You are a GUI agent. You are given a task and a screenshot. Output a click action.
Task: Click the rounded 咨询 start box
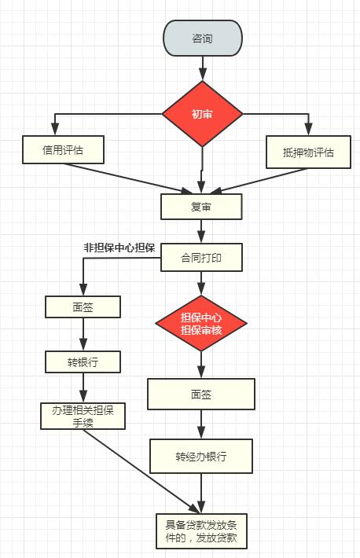tap(203, 38)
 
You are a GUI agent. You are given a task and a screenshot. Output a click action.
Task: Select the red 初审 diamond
tap(202, 114)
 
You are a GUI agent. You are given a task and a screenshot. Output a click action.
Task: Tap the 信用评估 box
tap(63, 150)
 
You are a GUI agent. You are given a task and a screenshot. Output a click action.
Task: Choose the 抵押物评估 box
tap(308, 152)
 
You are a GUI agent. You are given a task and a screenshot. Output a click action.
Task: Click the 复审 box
tap(201, 207)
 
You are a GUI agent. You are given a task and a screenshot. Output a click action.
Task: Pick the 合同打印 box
tap(201, 257)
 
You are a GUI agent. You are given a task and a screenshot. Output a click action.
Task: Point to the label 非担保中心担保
tap(119, 248)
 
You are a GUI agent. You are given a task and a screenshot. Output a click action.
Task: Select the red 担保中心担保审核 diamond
tap(201, 324)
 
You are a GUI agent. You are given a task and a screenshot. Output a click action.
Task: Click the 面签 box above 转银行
tap(83, 307)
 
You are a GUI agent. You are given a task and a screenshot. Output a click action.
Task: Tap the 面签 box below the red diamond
tap(201, 394)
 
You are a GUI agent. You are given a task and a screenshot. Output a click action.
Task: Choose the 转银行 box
tap(83, 362)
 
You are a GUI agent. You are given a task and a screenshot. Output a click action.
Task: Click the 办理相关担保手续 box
tap(83, 416)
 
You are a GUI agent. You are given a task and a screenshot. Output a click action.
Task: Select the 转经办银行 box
tap(201, 456)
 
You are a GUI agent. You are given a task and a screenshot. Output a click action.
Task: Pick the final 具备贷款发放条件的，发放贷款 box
tap(201, 531)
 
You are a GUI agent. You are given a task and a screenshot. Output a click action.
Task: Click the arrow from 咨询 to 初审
tap(203, 68)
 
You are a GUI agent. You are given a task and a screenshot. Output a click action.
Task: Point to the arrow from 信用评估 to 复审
tap(127, 178)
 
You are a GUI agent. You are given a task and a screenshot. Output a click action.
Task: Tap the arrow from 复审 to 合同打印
tap(201, 231)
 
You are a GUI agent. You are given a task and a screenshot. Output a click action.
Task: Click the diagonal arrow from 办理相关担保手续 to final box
tap(141, 472)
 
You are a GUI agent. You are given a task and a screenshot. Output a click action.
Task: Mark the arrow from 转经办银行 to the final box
tap(201, 494)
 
